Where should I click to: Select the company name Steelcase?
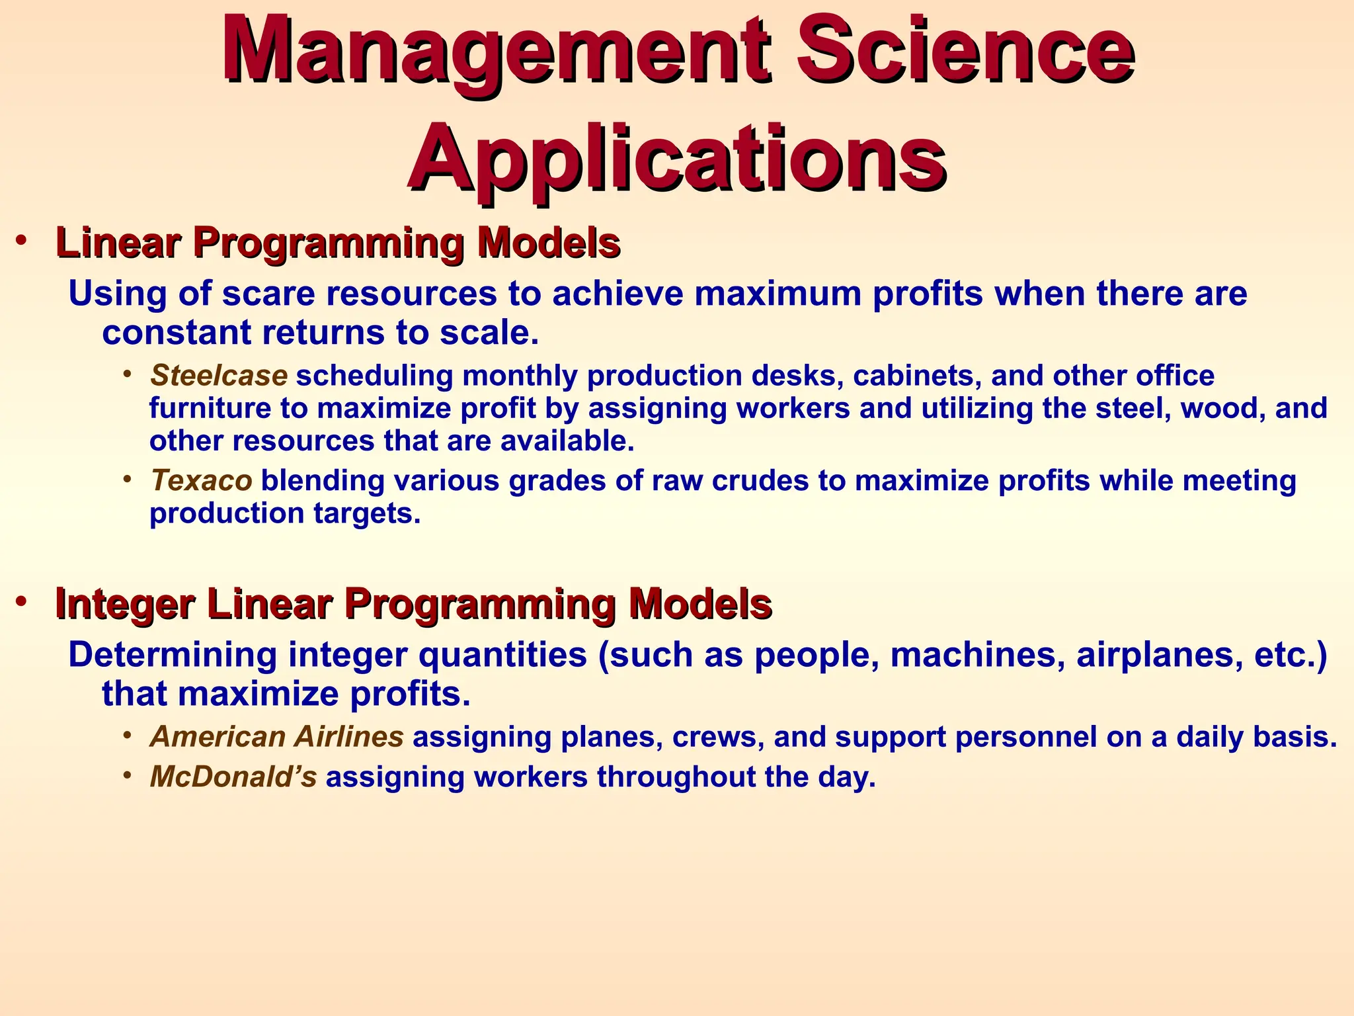[x=219, y=376]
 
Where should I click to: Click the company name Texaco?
[x=201, y=481]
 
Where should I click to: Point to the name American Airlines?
[x=277, y=737]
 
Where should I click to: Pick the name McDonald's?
[x=233, y=777]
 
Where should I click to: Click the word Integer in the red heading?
[x=125, y=603]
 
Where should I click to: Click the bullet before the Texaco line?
[x=127, y=478]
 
